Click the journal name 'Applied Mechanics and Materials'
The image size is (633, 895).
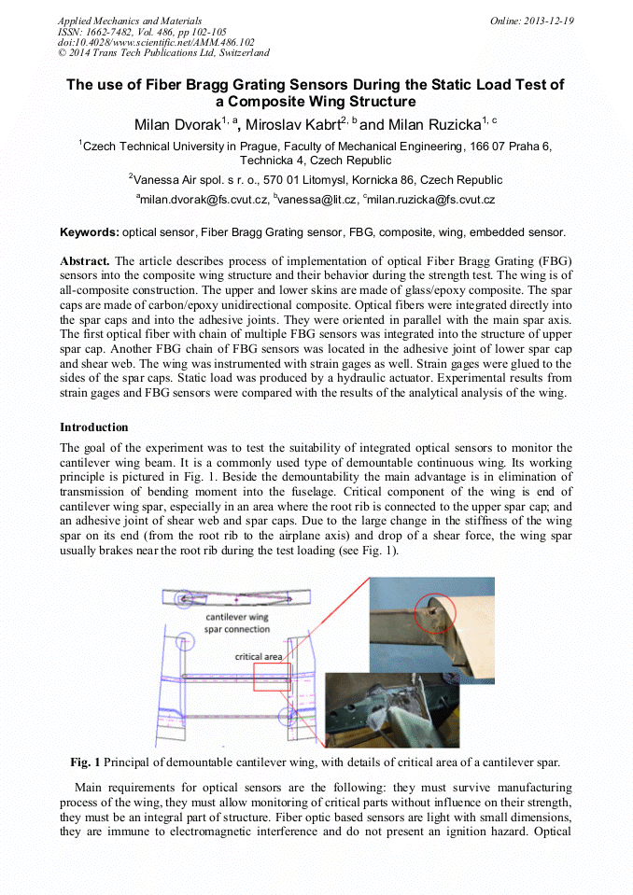(129, 21)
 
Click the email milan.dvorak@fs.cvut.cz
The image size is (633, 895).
(204, 200)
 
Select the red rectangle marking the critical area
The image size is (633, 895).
(272, 677)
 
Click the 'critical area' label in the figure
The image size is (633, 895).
(259, 657)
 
